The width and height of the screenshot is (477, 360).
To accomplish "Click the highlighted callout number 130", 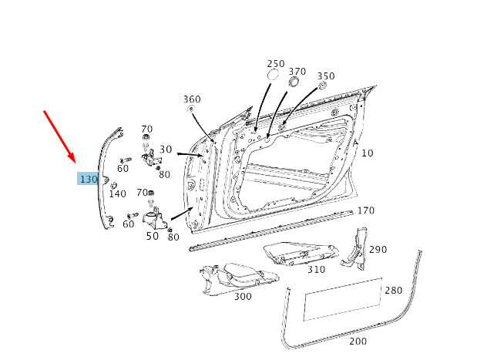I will pyautogui.click(x=88, y=179).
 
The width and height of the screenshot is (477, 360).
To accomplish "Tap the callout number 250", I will pyautogui.click(x=275, y=64).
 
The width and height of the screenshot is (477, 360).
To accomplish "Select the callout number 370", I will pyautogui.click(x=297, y=72).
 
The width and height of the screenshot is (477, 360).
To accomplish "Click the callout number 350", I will pyautogui.click(x=326, y=76).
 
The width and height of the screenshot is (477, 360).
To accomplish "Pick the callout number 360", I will pyautogui.click(x=192, y=99).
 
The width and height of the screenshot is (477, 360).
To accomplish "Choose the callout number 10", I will pyautogui.click(x=367, y=153).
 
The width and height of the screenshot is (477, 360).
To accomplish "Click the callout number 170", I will pyautogui.click(x=366, y=210).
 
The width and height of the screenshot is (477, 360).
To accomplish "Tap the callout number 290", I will pyautogui.click(x=378, y=250).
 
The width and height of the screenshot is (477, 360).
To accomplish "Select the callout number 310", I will pyautogui.click(x=316, y=269).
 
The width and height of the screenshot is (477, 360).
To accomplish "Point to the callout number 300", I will pyautogui.click(x=242, y=296).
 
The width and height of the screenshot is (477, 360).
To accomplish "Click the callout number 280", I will pyautogui.click(x=393, y=290).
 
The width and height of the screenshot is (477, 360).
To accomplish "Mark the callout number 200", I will pyautogui.click(x=358, y=340).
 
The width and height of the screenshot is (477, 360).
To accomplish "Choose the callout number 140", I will pyautogui.click(x=117, y=194).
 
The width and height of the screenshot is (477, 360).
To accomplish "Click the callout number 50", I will pyautogui.click(x=153, y=236).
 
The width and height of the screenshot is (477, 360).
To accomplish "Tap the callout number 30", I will pyautogui.click(x=166, y=149).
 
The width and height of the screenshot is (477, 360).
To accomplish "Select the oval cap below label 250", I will pyautogui.click(x=273, y=76).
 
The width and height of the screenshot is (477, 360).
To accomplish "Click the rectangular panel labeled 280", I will pyautogui.click(x=341, y=299).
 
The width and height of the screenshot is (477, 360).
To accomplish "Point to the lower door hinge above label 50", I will pyautogui.click(x=155, y=219).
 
